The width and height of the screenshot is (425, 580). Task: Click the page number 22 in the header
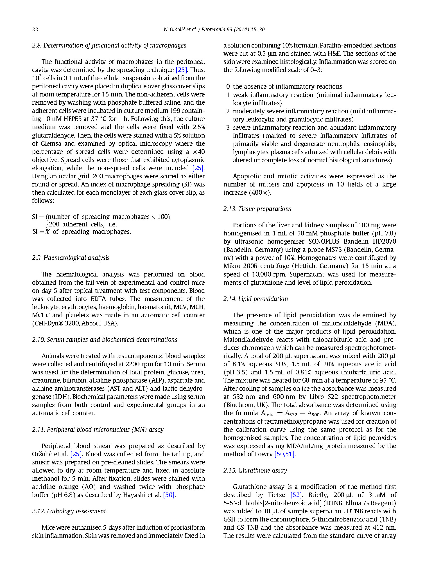tap(35, 30)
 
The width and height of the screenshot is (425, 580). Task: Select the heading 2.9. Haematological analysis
tap(71, 258)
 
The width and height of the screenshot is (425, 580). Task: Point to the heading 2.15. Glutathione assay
tap(255, 470)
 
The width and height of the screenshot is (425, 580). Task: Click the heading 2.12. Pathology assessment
tap(69, 511)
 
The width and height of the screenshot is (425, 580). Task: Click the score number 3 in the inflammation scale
tap(228, 128)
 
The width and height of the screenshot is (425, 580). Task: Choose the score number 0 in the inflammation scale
tap(228, 87)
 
